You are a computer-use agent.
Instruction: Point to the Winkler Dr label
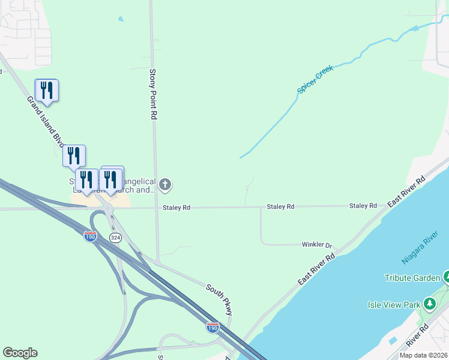(x=316, y=245)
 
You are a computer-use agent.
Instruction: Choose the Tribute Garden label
(x=411, y=278)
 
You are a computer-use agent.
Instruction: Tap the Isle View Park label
(x=394, y=305)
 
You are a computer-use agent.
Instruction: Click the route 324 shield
(x=115, y=238)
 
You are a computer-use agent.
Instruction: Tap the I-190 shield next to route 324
(x=91, y=236)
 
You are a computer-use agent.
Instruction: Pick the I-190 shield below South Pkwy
(x=212, y=328)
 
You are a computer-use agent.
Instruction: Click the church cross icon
(x=165, y=185)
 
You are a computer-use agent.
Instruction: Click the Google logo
(x=20, y=353)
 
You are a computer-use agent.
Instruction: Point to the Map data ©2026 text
(x=423, y=355)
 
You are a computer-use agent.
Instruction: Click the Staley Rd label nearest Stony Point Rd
(x=176, y=208)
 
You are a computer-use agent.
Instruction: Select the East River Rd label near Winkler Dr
(x=316, y=269)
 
